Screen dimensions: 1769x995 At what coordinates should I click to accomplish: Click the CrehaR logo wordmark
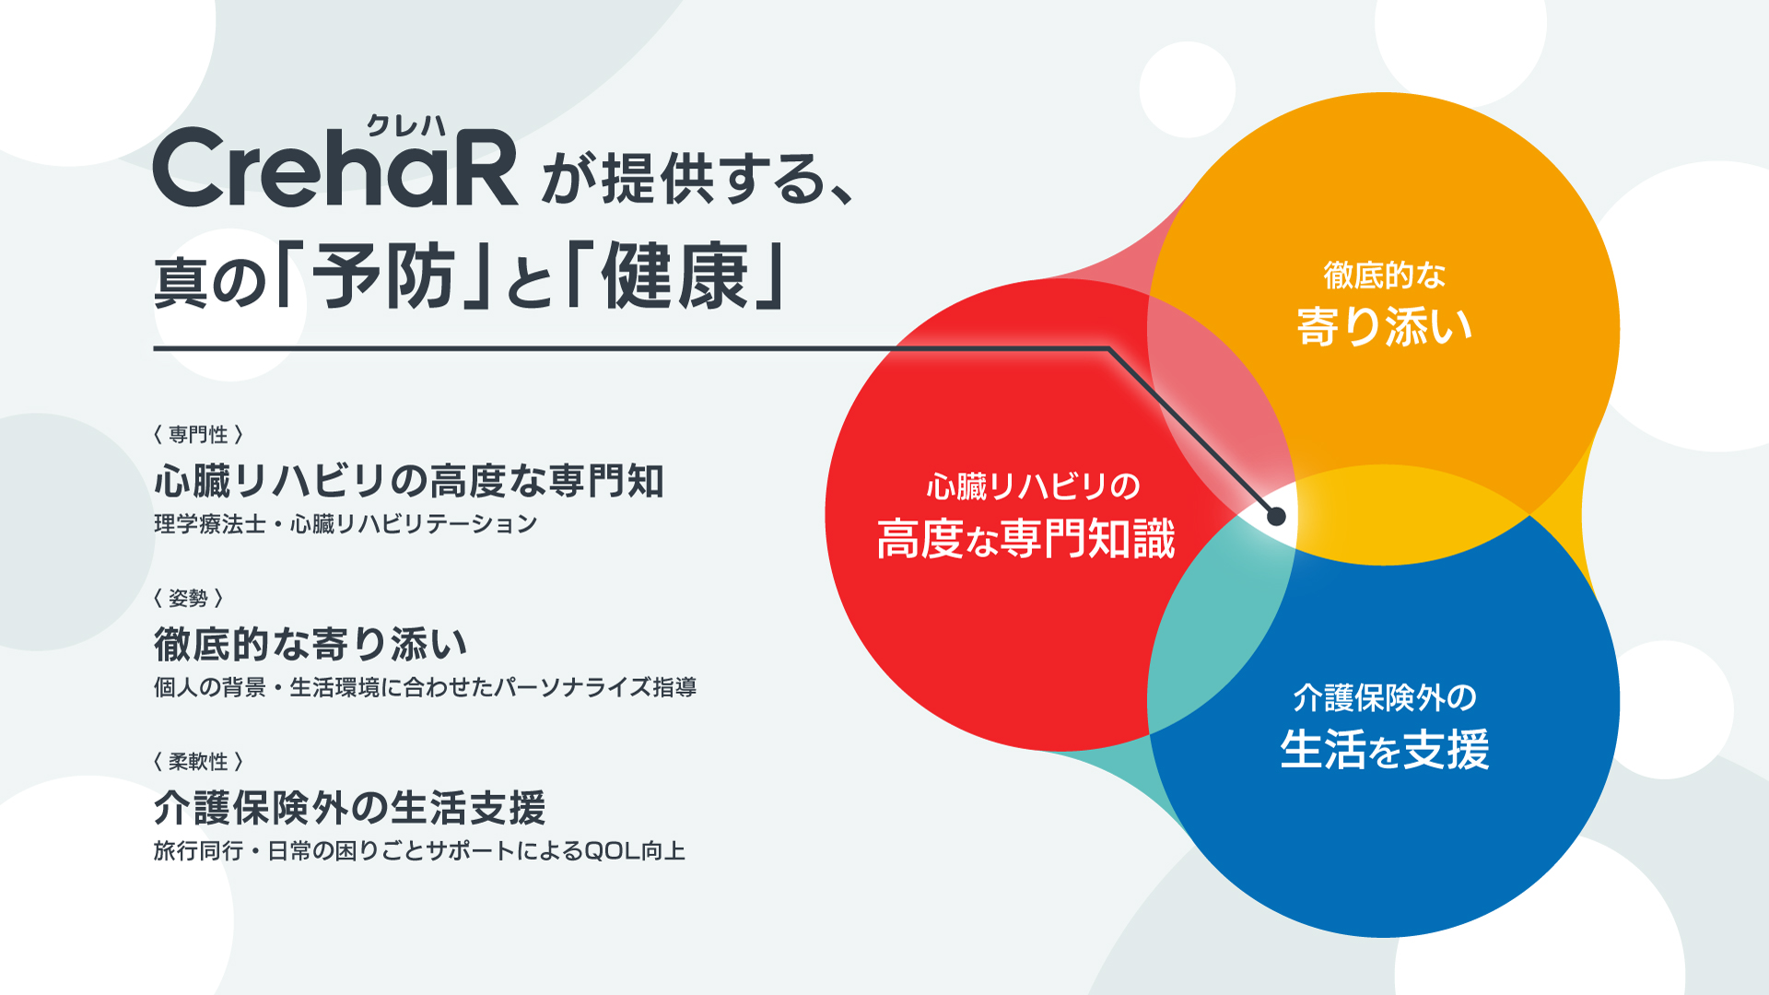pos(335,168)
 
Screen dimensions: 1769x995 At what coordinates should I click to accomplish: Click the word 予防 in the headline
pos(383,276)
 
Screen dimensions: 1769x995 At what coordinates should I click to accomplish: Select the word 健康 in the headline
pos(674,276)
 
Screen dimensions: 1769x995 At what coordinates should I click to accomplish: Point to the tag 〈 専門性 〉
pos(198,434)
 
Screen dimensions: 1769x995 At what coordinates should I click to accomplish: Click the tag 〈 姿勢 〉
pos(188,598)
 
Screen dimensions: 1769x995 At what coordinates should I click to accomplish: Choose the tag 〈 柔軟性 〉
pos(198,761)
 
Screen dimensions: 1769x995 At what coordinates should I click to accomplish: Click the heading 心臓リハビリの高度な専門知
pos(408,481)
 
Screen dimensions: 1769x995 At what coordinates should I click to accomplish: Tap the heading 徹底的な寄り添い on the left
pos(310,644)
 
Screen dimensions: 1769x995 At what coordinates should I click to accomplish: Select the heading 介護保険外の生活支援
pos(349,808)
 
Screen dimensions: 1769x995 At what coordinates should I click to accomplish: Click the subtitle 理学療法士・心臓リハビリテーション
pos(346,524)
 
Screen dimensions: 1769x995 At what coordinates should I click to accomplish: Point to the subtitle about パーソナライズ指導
pos(425,687)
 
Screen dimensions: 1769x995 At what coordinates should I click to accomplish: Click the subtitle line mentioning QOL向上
pos(419,850)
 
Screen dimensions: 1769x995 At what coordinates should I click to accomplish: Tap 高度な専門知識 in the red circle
pos(1025,539)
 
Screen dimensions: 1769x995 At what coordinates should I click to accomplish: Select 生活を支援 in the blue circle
pos(1385,749)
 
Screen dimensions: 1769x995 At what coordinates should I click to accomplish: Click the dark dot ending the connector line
pos(1276,516)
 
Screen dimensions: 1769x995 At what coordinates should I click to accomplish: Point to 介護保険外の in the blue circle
pos(1385,697)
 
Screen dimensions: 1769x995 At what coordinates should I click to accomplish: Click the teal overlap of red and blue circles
pos(1207,636)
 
